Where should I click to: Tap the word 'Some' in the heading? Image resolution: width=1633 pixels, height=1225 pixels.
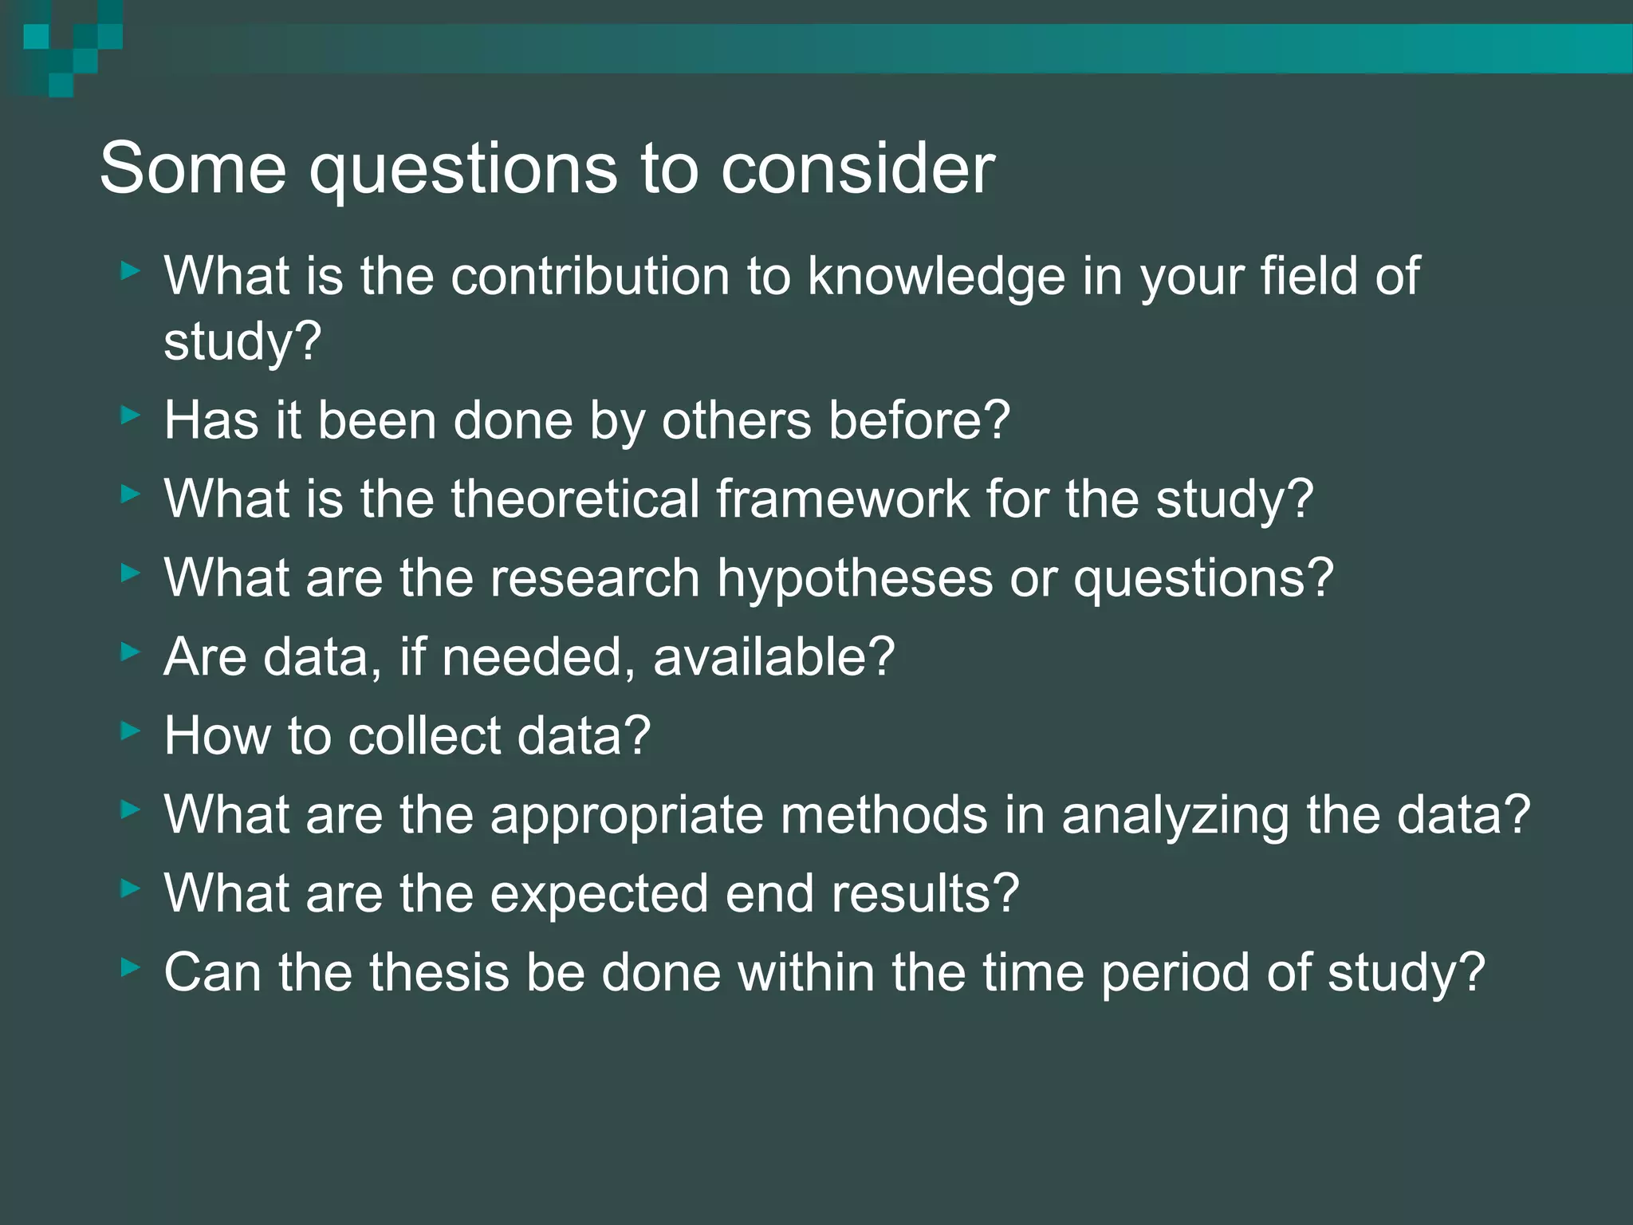192,169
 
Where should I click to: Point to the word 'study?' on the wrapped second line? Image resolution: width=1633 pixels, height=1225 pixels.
242,341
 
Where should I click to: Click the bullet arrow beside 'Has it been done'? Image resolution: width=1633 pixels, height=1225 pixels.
131,415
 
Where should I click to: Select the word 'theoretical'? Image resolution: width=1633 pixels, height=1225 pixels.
575,498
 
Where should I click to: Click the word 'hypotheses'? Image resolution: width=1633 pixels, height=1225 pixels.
855,577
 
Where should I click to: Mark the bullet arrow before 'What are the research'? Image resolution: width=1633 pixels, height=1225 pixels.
131,573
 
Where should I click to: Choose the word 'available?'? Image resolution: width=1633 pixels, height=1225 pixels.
773,656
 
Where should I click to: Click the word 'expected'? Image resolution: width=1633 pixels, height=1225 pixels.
599,893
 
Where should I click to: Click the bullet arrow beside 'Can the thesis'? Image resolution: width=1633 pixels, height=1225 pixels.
131,967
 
